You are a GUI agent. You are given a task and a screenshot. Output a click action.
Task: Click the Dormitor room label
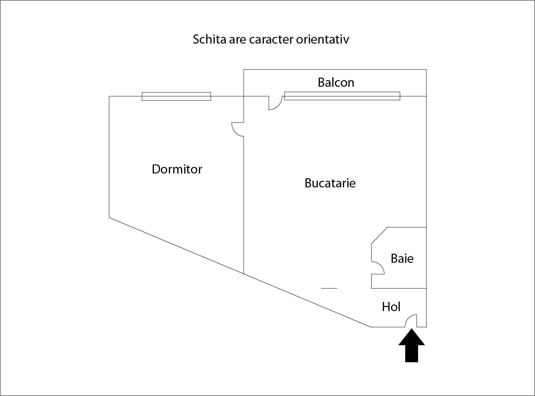point(177,169)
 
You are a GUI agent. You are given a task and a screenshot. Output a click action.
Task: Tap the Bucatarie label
point(330,183)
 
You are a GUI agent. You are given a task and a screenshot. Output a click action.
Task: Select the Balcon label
point(336,82)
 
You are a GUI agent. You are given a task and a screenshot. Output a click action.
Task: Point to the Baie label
point(402,259)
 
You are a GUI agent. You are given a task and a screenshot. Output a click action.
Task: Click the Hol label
point(391,307)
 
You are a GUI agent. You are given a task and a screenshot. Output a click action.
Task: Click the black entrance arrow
point(412,345)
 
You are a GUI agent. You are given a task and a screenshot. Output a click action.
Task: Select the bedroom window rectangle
point(176,96)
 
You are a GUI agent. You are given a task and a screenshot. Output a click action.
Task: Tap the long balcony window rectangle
point(342,96)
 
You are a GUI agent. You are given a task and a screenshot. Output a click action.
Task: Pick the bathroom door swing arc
point(381,265)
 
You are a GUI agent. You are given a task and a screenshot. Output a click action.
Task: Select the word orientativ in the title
point(322,39)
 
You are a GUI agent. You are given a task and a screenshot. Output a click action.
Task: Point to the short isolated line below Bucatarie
point(329,288)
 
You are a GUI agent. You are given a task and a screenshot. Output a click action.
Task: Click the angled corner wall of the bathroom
point(379,235)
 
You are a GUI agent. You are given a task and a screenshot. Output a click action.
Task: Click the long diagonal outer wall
point(240,272)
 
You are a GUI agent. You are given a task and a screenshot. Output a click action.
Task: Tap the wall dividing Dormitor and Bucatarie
point(244,205)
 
